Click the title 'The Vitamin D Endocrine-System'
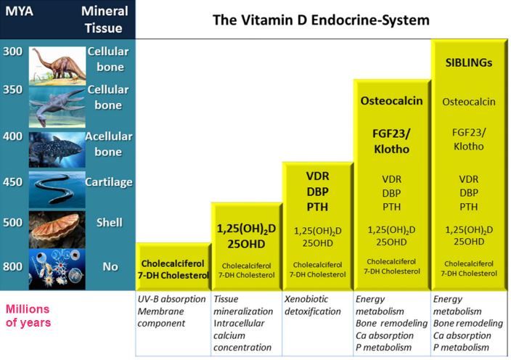[x=322, y=20]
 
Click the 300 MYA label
[x=12, y=52]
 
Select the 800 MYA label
[x=12, y=266]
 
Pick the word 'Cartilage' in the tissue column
[x=110, y=182]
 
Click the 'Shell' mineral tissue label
[x=110, y=223]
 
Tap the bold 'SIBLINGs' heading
[x=468, y=62]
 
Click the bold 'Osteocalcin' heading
[x=391, y=101]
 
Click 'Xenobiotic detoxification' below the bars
[x=315, y=305]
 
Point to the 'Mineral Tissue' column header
[x=105, y=20]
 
